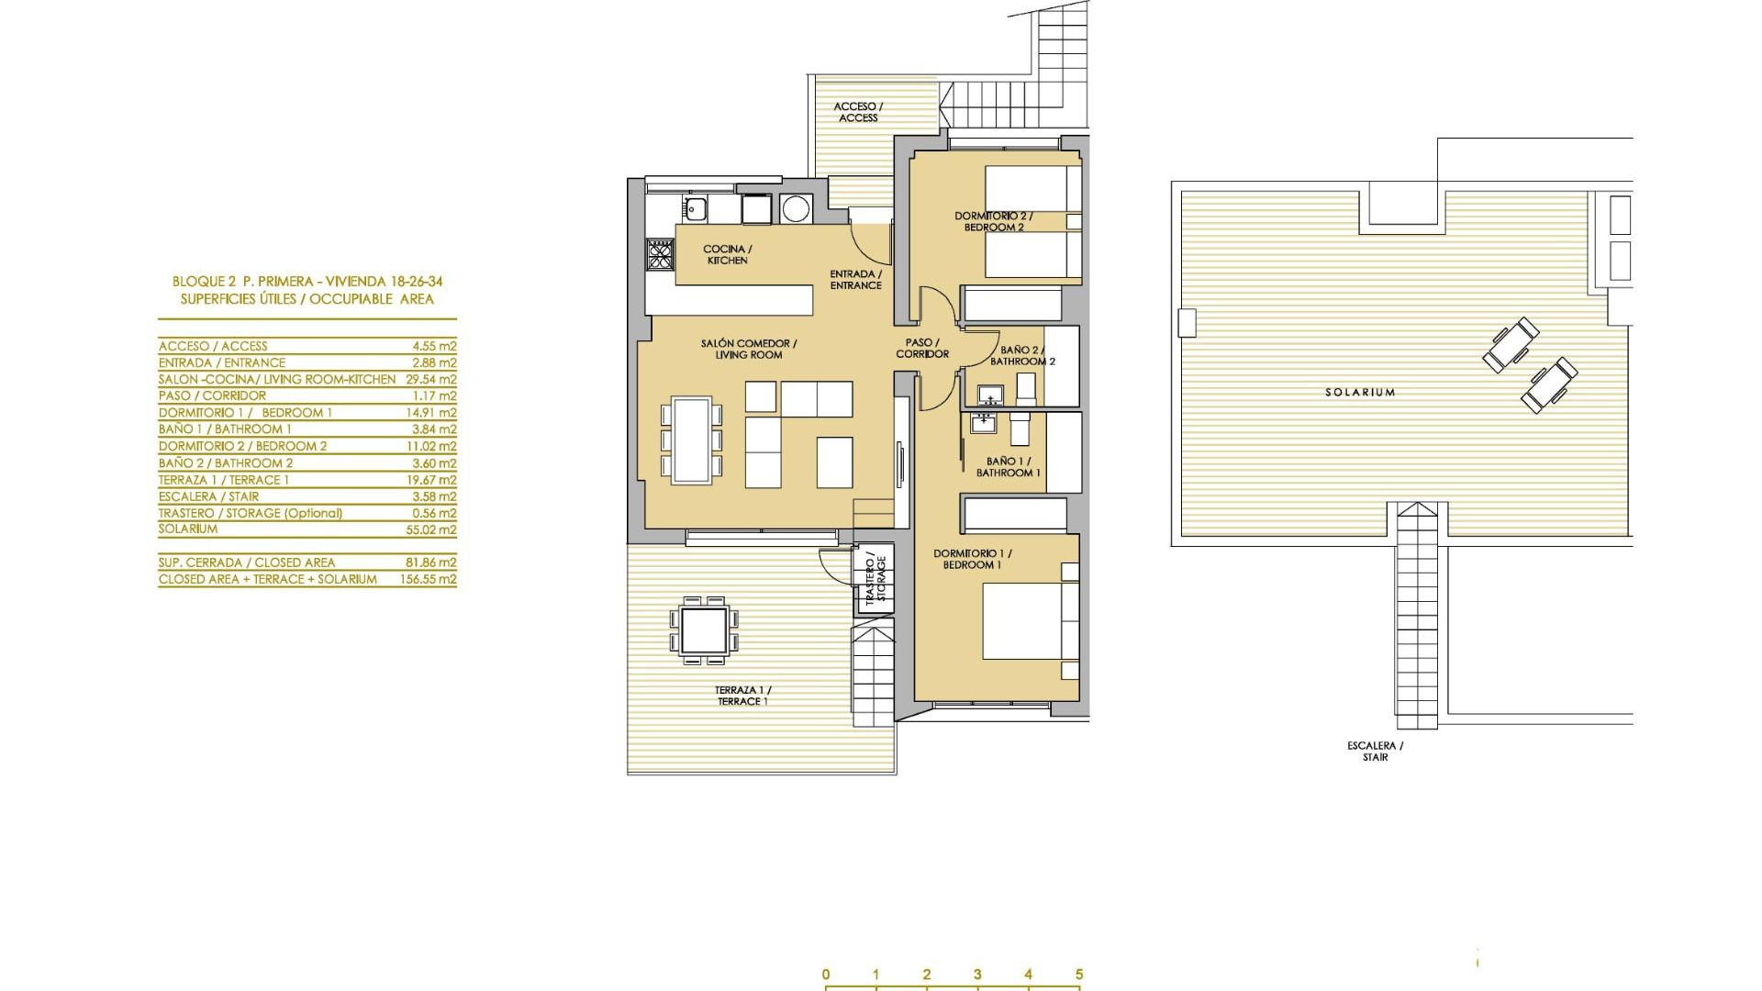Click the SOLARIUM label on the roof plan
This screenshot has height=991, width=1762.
1360,392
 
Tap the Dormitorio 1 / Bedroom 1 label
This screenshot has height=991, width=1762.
972,559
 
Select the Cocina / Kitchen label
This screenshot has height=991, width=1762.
728,254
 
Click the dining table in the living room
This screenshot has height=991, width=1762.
692,440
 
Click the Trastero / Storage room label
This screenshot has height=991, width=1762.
875,578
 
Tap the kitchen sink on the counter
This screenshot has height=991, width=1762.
695,209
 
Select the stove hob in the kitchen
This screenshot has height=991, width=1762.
661,253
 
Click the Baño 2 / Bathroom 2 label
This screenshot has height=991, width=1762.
1021,355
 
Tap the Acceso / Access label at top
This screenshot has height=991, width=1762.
858,112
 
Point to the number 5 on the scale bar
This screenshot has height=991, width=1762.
1079,974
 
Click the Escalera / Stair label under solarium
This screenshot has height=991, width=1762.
1376,752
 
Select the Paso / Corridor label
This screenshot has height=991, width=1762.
922,348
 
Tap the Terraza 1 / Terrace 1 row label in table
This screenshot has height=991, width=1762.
224,480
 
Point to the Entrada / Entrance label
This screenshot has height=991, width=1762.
855,279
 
